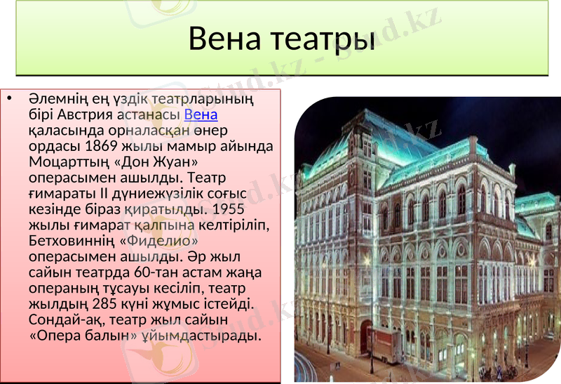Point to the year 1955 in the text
(x=230, y=209)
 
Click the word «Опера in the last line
(x=56, y=336)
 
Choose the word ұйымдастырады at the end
(x=206, y=336)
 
